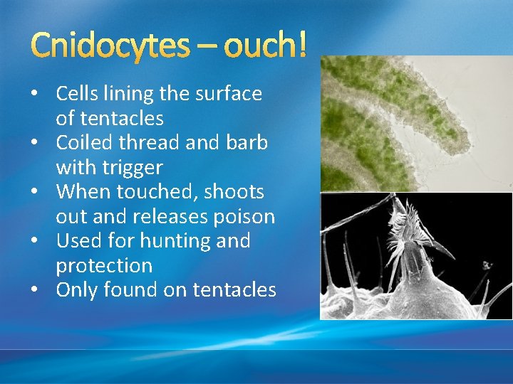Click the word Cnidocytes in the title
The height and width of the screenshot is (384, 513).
pos(110,46)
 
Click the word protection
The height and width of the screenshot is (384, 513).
pos(104,266)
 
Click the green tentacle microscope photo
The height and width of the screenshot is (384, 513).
pos(416,123)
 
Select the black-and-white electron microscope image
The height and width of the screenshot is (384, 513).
pos(416,256)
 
